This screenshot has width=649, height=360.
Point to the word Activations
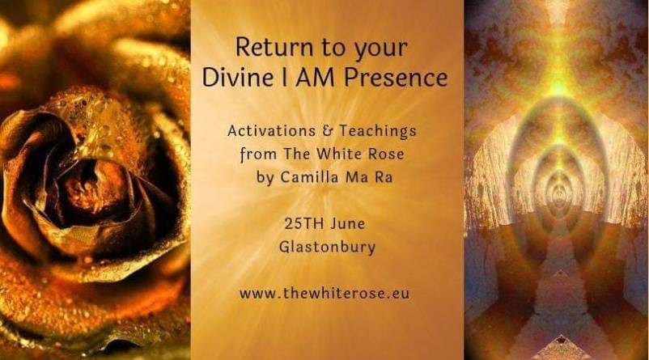point(271,131)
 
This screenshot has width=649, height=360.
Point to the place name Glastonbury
point(327,248)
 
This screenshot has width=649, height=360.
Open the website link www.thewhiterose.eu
point(324,294)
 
